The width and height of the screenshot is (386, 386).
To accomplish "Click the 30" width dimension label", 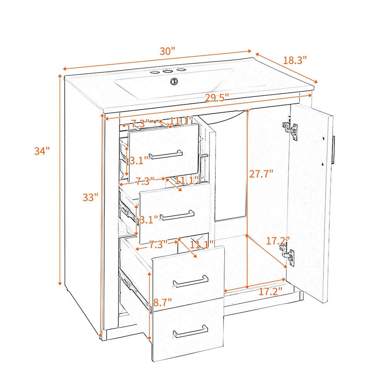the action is tap(167, 51).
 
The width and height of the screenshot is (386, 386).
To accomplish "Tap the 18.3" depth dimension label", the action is tap(295, 60).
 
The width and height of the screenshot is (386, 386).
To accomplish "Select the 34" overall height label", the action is tap(42, 151).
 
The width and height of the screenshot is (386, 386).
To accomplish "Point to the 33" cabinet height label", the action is tap(90, 197).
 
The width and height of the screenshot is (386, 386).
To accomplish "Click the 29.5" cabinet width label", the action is tap(217, 98).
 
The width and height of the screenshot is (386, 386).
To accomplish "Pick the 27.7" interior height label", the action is tap(261, 174).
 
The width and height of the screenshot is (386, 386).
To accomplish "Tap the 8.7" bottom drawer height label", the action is tap(163, 302).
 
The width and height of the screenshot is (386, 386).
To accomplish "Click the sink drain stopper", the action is tap(174, 81).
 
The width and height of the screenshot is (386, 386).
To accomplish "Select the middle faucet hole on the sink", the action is tap(168, 72).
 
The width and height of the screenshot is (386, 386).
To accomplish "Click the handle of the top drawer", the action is tap(166, 154).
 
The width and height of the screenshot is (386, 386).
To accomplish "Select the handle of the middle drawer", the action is tap(177, 215).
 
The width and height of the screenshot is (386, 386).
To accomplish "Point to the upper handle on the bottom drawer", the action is tap(191, 281).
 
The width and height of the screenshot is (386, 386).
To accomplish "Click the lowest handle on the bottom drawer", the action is tap(191, 331).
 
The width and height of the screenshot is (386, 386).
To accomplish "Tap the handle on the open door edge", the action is tap(334, 150).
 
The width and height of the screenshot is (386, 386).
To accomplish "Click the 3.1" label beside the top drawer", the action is tap(139, 161).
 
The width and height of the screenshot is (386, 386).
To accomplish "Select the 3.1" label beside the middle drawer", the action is tap(149, 220).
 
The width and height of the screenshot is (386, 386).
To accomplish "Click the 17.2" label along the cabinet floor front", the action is tap(270, 292).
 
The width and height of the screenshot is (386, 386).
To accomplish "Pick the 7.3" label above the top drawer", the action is tap(140, 123).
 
